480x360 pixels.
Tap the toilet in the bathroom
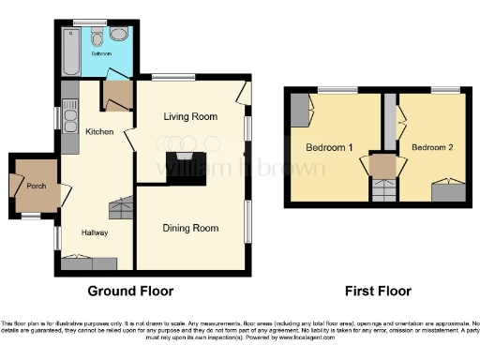tap(97, 37)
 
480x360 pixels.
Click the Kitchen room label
tap(99, 132)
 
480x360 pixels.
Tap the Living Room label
tap(191, 117)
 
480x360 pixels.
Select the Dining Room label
tap(191, 228)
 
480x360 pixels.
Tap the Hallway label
tap(94, 232)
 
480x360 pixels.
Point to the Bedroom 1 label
tap(329, 147)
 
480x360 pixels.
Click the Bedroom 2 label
tap(432, 147)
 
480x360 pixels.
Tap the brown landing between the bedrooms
tap(382, 166)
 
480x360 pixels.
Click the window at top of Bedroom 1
tap(331, 89)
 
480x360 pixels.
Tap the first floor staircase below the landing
tap(382, 190)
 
